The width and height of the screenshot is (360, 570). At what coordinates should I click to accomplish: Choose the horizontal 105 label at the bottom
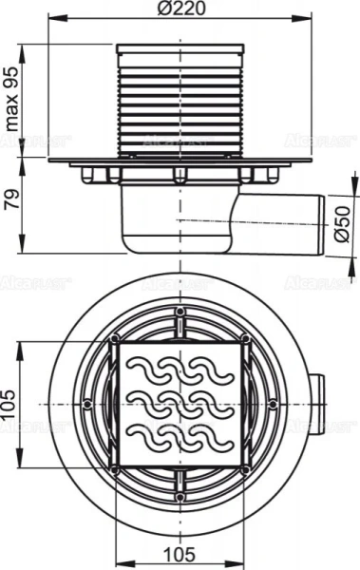tap(180, 553)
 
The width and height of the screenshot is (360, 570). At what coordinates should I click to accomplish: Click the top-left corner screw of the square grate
tap(115, 339)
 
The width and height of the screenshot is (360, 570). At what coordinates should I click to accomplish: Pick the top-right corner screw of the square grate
tap(245, 339)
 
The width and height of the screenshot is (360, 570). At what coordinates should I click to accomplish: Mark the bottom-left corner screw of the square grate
tap(115, 468)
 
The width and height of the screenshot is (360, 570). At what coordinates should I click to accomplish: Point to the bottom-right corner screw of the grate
tap(245, 468)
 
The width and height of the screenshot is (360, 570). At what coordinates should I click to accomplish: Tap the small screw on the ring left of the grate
tap(88, 404)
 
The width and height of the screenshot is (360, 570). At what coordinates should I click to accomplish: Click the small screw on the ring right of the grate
tap(273, 404)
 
